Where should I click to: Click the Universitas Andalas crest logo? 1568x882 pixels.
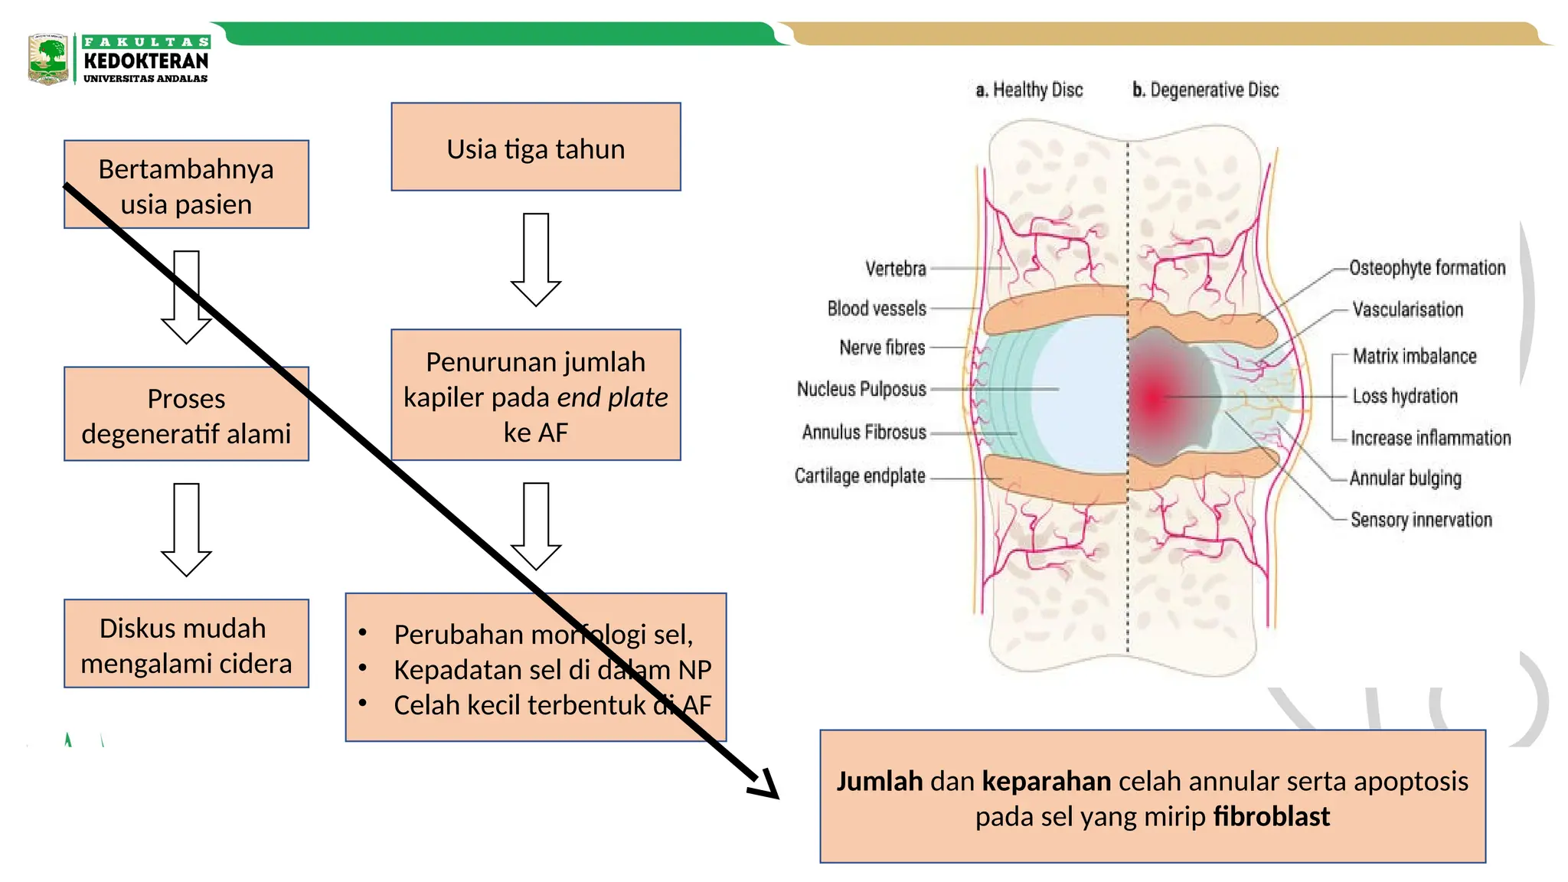click(x=47, y=59)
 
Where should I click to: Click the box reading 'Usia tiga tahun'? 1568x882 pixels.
click(x=535, y=147)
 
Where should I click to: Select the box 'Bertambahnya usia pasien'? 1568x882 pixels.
click(x=186, y=185)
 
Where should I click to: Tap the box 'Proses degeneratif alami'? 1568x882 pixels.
click(x=186, y=414)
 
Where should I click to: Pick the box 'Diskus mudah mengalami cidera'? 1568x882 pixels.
click(x=186, y=644)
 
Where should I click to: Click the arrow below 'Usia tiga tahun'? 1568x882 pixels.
click(x=536, y=260)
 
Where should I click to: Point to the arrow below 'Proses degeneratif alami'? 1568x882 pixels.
click(x=186, y=529)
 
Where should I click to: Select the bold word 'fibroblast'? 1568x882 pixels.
click(x=1271, y=816)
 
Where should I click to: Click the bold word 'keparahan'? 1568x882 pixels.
click(x=1046, y=781)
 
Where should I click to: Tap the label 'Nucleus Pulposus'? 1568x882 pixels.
click(x=861, y=389)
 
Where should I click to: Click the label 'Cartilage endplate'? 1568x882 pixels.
click(x=860, y=475)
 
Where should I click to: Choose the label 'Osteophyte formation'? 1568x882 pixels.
click(x=1427, y=268)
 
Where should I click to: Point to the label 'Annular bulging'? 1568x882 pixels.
click(x=1405, y=478)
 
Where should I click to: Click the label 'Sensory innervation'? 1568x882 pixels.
click(x=1421, y=520)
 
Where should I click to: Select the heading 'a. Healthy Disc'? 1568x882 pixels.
click(x=1029, y=90)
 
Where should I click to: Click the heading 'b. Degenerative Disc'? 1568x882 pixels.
click(x=1206, y=90)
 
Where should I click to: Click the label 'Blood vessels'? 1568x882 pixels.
click(x=877, y=309)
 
